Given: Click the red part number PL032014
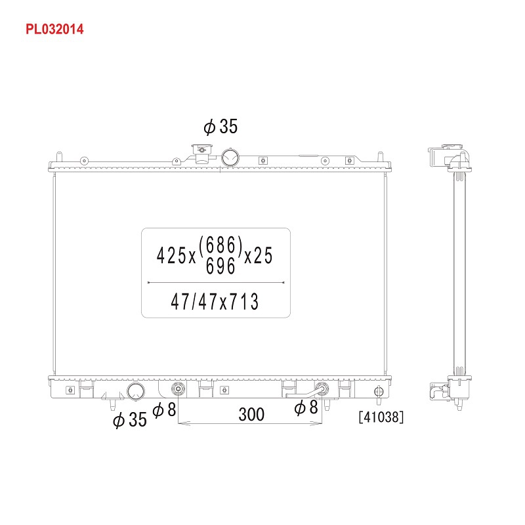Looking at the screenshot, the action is click(x=54, y=29).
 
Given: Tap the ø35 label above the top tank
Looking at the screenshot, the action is click(x=220, y=127).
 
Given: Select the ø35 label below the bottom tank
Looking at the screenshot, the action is click(x=130, y=419).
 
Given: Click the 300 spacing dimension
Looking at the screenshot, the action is click(x=251, y=414).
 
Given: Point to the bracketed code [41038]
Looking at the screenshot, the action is click(x=381, y=417).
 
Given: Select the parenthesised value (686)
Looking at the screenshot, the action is click(x=220, y=245).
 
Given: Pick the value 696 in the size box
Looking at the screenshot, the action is click(x=220, y=267).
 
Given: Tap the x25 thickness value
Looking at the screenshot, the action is click(x=259, y=255).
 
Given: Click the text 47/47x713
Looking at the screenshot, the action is click(x=215, y=302).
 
